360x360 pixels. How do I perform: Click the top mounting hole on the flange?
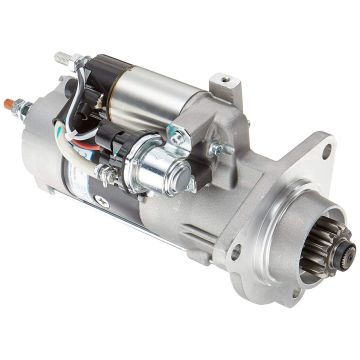pos(325,152)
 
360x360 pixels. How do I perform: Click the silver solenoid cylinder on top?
pos(160,89)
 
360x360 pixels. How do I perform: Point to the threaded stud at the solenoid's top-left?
pos(62,57)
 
